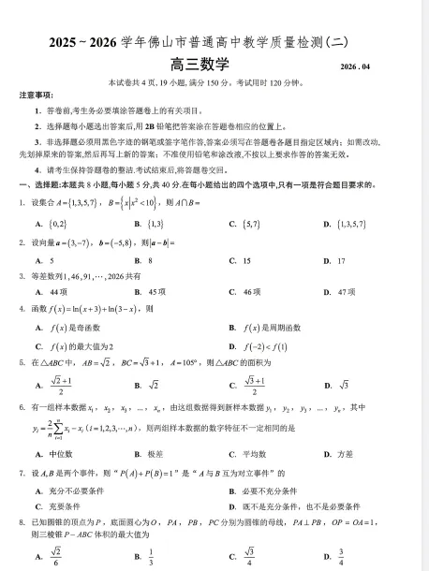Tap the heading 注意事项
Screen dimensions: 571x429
[x=37, y=96]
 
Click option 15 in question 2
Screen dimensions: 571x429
[x=246, y=259]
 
